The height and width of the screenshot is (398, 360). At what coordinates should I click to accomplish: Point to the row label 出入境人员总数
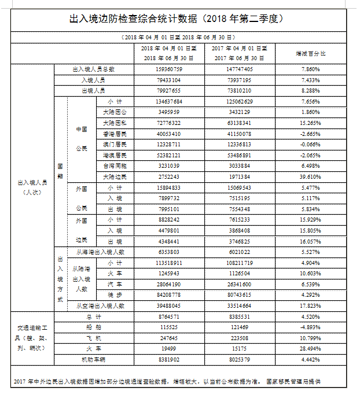[93, 69]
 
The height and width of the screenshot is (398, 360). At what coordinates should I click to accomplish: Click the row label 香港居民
[114, 134]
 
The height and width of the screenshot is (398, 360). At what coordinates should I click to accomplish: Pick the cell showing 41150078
[239, 134]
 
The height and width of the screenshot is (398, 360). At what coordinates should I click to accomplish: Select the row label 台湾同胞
[114, 166]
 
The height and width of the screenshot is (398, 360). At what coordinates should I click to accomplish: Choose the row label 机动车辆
[93, 360]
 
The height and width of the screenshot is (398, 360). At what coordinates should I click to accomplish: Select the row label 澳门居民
[114, 144]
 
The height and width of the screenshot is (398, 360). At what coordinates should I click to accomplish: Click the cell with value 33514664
[239, 306]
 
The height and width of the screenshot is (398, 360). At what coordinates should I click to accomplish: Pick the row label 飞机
[93, 338]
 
